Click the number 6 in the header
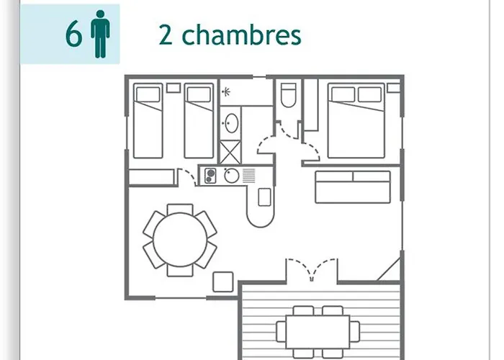click(73, 35)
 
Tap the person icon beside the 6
click(100, 34)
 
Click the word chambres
click(241, 35)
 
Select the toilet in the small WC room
click(288, 95)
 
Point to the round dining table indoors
click(180, 240)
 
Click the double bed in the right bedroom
click(356, 120)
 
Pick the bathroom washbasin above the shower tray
click(232, 123)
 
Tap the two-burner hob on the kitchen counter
click(210, 176)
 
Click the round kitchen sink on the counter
click(231, 176)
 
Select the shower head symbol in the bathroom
click(226, 92)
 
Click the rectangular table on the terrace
click(318, 332)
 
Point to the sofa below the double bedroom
click(353, 187)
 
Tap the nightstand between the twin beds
click(174, 88)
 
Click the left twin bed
click(148, 120)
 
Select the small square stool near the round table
click(223, 282)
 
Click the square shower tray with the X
click(230, 153)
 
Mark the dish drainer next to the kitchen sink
click(249, 176)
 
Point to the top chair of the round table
click(180, 209)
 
